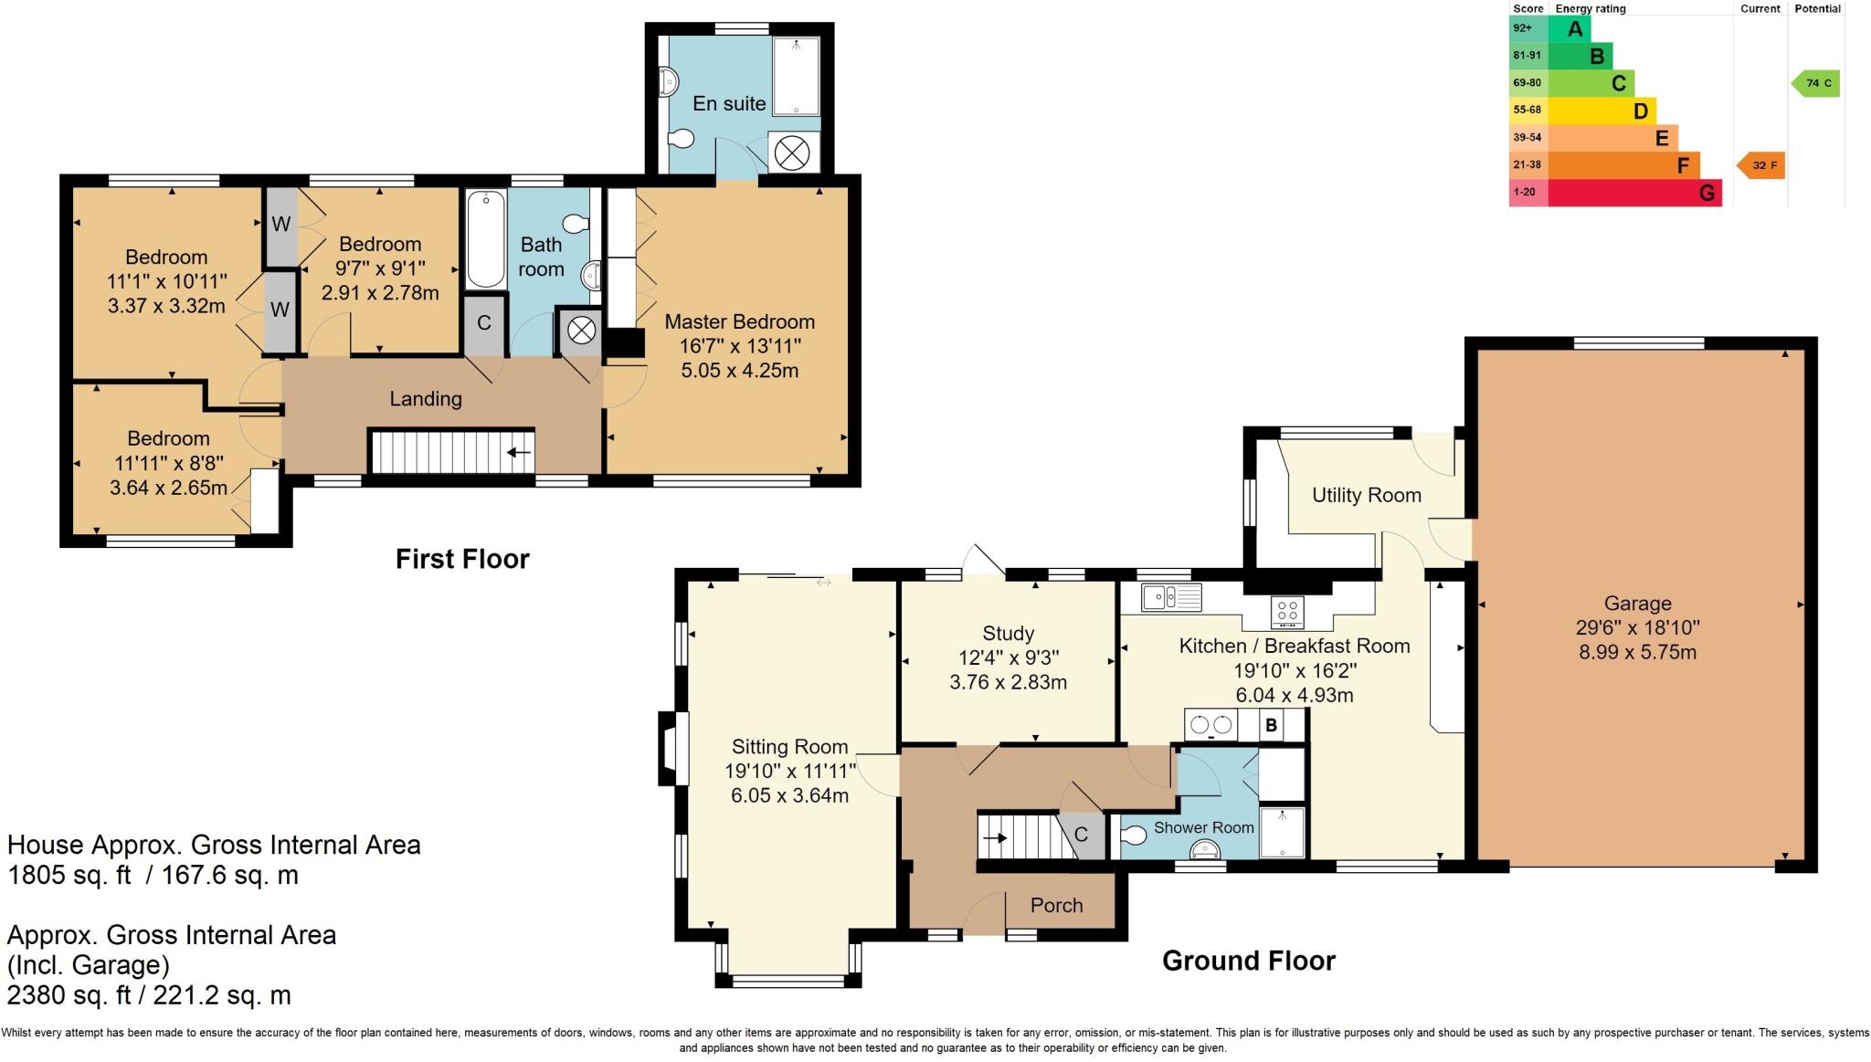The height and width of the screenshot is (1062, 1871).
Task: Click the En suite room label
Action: click(728, 103)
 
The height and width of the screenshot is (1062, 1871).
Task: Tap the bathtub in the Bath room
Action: click(484, 239)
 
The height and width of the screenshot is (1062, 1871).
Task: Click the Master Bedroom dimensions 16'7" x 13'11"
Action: click(739, 346)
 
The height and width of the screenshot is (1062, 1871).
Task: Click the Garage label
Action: click(1637, 603)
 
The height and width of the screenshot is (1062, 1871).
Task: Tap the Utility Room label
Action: click(1366, 495)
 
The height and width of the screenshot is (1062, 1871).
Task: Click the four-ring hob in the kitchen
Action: click(1287, 611)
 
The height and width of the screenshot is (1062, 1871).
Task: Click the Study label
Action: click(1008, 633)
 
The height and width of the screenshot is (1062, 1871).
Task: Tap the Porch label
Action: click(1056, 905)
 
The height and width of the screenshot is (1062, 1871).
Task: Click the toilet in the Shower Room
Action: click(1133, 836)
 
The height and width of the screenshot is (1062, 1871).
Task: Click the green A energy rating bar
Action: click(1569, 28)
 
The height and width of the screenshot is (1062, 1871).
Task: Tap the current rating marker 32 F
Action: click(1760, 166)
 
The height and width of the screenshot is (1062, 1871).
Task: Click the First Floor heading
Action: click(462, 559)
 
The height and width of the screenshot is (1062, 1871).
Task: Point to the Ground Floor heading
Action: click(1248, 961)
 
